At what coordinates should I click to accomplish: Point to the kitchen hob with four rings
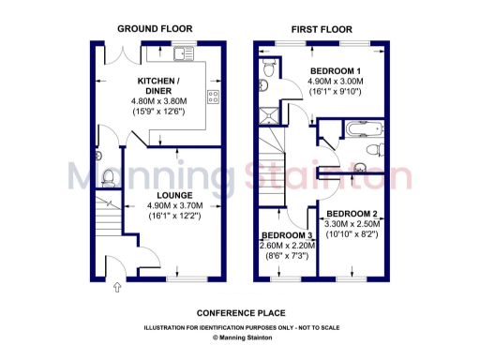(212, 97)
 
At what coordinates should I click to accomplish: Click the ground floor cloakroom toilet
(107, 175)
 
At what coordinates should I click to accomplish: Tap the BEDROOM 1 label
(336, 71)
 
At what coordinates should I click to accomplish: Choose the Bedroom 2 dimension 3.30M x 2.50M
(352, 225)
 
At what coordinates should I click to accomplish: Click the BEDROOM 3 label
(287, 235)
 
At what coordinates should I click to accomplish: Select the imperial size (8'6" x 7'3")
(287, 256)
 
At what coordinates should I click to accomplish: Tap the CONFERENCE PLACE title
(241, 312)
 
